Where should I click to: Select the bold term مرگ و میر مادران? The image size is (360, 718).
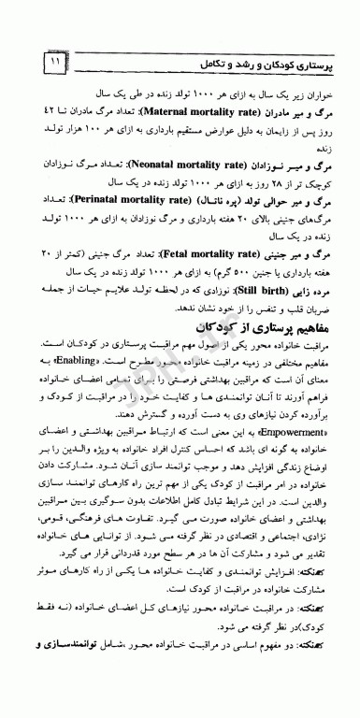286,110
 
